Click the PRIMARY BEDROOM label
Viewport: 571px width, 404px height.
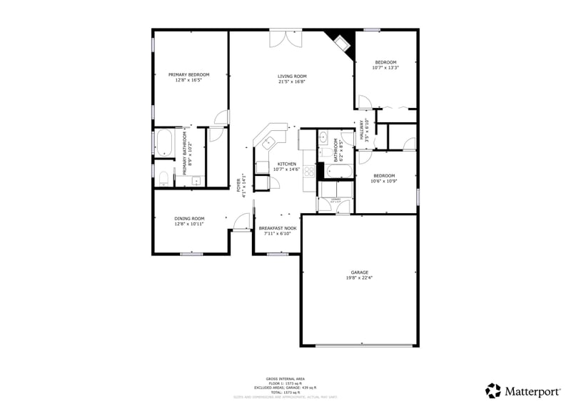coord(189,75)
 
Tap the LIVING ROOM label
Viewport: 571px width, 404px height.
coord(292,77)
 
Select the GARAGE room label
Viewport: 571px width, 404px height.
coord(359,272)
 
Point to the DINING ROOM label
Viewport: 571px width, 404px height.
coord(189,219)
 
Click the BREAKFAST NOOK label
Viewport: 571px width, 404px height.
coord(278,228)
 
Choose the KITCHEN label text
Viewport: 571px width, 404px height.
coord(286,164)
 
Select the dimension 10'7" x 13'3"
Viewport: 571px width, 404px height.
coord(385,68)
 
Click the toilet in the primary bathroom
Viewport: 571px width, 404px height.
coord(163,177)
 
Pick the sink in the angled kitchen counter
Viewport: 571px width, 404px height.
coord(268,141)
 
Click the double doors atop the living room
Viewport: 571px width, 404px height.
coord(284,39)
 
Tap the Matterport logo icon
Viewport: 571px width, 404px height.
coord(493,390)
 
